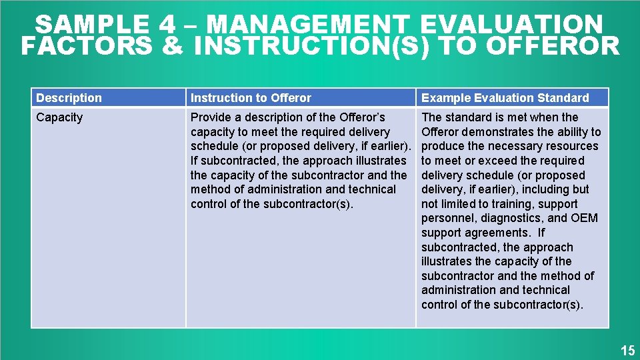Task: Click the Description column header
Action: (69, 98)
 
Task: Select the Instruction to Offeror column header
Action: (251, 98)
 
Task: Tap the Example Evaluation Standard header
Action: (505, 98)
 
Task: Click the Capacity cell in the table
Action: (59, 117)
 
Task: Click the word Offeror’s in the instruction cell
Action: (363, 117)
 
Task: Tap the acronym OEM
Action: (584, 218)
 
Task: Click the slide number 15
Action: (627, 350)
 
